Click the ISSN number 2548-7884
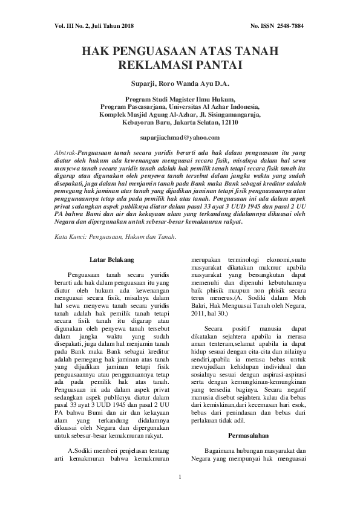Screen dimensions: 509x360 [290, 26]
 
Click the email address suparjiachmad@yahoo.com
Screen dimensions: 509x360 [179, 138]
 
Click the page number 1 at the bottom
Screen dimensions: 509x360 [180, 481]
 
